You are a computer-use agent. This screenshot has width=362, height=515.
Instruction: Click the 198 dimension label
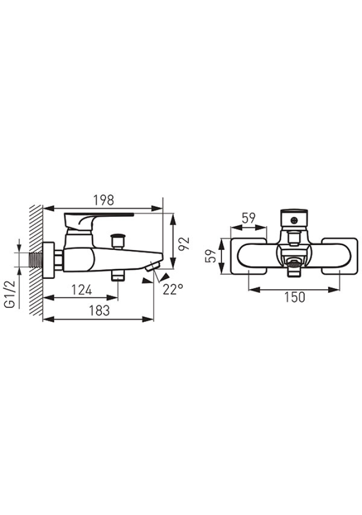click(x=104, y=200)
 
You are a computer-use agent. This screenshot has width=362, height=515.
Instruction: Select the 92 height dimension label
click(x=185, y=243)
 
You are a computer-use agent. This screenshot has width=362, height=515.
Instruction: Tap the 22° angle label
click(x=173, y=289)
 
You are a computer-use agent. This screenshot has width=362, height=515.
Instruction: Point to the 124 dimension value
click(x=82, y=290)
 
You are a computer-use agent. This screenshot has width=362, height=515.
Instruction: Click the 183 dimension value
click(x=100, y=311)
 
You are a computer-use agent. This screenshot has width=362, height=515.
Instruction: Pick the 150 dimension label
click(x=294, y=297)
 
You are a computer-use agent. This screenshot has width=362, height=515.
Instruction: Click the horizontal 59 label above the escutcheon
click(x=249, y=218)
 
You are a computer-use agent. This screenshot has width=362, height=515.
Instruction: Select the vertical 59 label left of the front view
click(x=211, y=256)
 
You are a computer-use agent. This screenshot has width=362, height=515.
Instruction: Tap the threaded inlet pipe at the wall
click(x=36, y=260)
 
